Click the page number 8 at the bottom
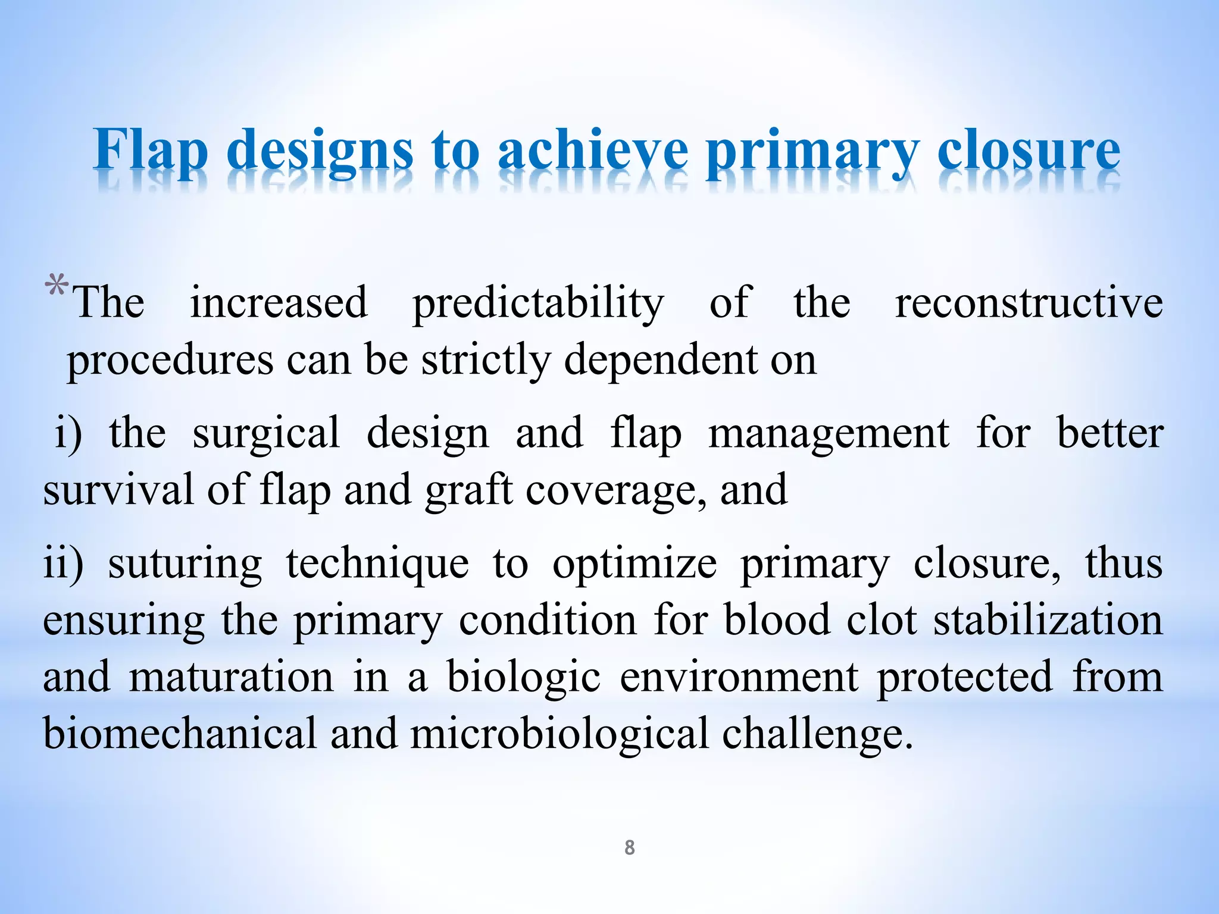pyautogui.click(x=629, y=847)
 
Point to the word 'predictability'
pyautogui.click(x=538, y=303)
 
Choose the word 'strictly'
pyautogui.click(x=485, y=361)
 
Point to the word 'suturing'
pyautogui.click(x=185, y=564)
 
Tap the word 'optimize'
pyautogui.click(x=634, y=564)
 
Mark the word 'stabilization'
pyautogui.click(x=1048, y=620)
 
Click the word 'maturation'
pyautogui.click(x=231, y=677)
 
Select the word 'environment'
pyautogui.click(x=739, y=677)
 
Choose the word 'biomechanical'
pyautogui.click(x=180, y=733)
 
